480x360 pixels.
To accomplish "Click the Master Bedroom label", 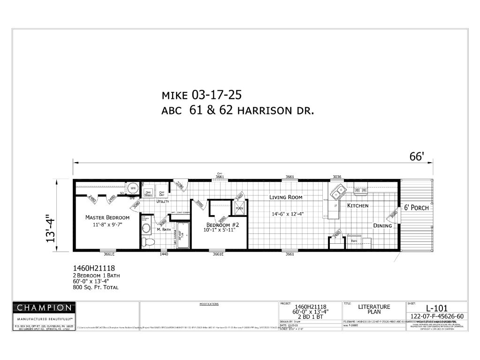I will tap(107, 217).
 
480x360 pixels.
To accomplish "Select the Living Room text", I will tap(286, 197).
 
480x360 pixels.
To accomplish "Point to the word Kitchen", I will tap(358, 206).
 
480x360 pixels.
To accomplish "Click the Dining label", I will tap(382, 225).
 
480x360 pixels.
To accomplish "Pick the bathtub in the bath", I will tap(181, 236).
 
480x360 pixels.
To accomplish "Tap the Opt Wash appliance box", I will tap(148, 193).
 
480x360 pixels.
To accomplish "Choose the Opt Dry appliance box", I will tap(162, 193).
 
